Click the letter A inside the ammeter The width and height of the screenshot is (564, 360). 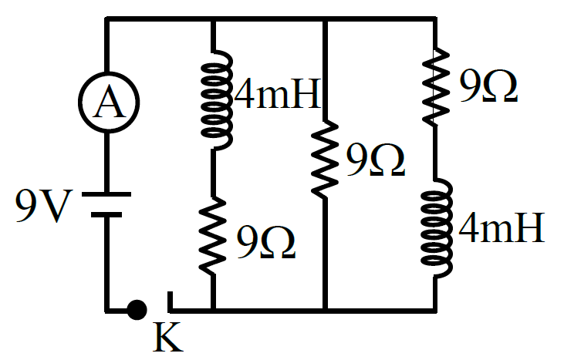pos(110,103)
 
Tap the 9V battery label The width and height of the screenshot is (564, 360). pos(42,206)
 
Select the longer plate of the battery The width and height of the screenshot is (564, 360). pos(106,194)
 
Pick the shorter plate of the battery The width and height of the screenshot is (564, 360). pos(106,214)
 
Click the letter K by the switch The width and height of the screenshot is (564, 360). pos(168,337)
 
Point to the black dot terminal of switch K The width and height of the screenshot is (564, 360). pos(137,310)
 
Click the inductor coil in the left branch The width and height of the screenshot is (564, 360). pos(217,100)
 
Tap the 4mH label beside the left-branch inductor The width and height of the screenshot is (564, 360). pos(277,93)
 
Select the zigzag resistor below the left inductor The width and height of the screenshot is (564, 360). pos(213,236)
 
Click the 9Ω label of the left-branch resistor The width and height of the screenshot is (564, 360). pos(266,242)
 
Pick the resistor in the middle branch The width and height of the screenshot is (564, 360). pos(325,159)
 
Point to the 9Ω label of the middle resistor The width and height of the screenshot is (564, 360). pos(376,160)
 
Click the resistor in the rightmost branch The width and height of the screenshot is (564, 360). pos(436,87)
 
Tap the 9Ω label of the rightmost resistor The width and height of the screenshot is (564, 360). pos(488,86)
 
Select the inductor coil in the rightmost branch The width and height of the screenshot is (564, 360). pos(437,228)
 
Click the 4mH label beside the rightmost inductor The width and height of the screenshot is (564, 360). pos(502,227)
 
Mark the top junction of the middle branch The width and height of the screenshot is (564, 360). pos(325,19)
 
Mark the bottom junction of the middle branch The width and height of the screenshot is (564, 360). pos(325,311)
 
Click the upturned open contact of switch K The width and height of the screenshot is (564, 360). pos(171,301)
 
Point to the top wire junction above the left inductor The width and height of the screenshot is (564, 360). pos(213,19)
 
